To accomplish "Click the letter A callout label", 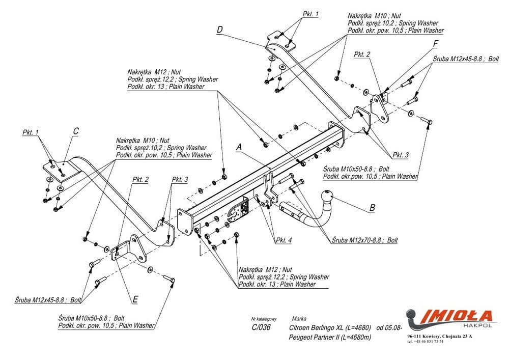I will coord(238,147).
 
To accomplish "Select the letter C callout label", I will coord(75,131).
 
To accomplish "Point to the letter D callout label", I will coord(219,30).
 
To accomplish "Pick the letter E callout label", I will coord(135,300).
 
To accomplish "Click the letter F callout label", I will coord(436,44).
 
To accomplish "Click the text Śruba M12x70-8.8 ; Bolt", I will coord(364,240).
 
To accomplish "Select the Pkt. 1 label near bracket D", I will coord(310,14).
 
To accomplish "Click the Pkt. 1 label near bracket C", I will coord(31,132).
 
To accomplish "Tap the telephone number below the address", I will coord(426,341).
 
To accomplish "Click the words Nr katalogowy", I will coord(263,318).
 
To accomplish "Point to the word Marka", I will coord(299,318).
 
